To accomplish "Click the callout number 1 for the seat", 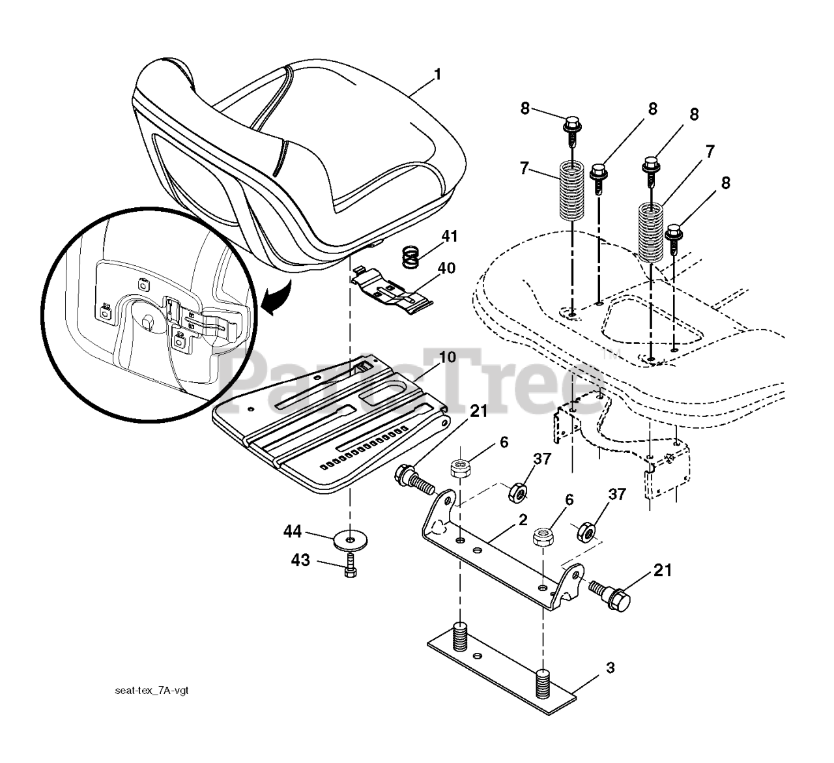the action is (437, 74).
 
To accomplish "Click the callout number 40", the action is (446, 268).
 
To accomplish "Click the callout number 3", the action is (610, 669).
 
